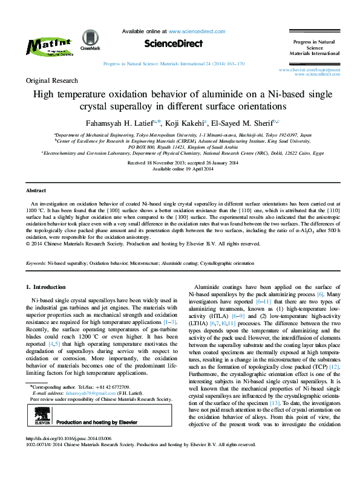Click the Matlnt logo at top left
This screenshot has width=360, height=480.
(x=50, y=47)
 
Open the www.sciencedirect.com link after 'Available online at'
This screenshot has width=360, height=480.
(x=193, y=31)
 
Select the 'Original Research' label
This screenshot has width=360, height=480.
(x=51, y=80)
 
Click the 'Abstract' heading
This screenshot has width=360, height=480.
(x=36, y=190)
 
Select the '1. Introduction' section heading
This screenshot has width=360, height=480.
(x=49, y=286)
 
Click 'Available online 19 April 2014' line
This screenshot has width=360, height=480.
(x=180, y=169)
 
